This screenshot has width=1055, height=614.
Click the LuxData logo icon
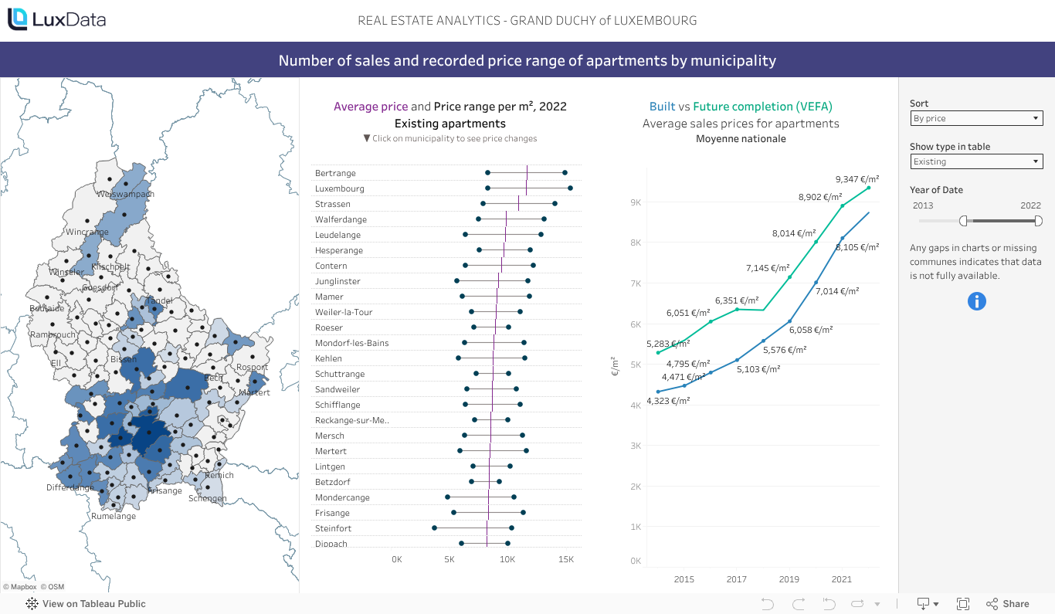click(x=18, y=19)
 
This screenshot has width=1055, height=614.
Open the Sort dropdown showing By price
click(x=976, y=118)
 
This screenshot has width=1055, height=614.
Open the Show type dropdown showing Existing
click(x=976, y=161)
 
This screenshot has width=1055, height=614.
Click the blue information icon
click(x=977, y=301)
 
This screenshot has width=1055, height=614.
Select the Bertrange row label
click(x=335, y=173)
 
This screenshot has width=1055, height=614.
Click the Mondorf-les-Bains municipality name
click(x=351, y=343)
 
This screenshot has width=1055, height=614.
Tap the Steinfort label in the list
click(x=333, y=528)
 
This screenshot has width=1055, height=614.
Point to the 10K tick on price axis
click(x=507, y=559)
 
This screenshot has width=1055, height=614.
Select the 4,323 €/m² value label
click(x=668, y=401)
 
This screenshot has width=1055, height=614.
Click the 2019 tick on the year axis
click(x=789, y=579)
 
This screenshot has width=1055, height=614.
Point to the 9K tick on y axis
click(x=636, y=202)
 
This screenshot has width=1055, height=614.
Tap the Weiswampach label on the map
click(x=126, y=194)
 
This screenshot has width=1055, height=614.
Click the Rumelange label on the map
click(x=114, y=516)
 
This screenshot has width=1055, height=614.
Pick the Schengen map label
click(x=208, y=498)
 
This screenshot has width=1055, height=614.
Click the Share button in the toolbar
click(x=1008, y=604)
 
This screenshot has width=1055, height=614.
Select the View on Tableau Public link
click(x=93, y=604)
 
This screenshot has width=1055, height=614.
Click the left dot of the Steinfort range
click(x=434, y=528)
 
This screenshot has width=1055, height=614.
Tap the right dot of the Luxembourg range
click(x=570, y=188)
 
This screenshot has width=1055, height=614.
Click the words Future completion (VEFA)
click(x=762, y=107)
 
